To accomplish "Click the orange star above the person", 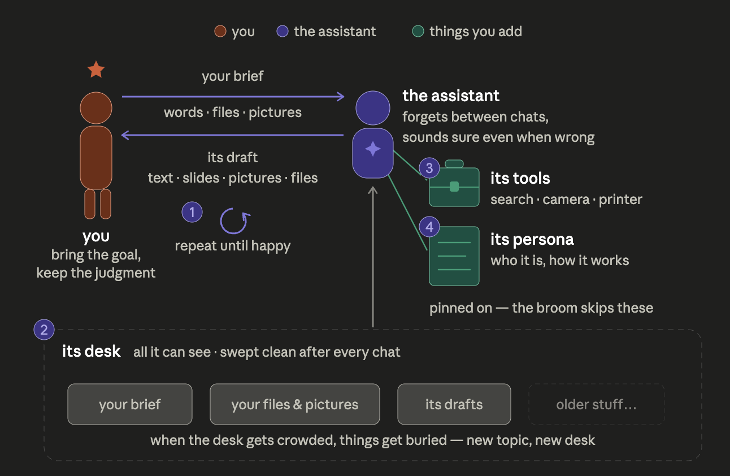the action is [96, 70].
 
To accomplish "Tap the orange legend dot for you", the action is [220, 31].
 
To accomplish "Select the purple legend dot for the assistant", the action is [283, 31].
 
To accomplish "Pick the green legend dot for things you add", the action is [418, 31].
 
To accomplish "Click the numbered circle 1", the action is [192, 212].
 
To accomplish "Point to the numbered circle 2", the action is [44, 330].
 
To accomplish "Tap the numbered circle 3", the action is [429, 168].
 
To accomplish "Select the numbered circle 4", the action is [429, 227].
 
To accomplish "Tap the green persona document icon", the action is [454, 256].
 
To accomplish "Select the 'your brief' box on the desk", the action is [130, 404].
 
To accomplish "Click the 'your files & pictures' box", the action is [295, 404].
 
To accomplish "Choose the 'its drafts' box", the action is [454, 404].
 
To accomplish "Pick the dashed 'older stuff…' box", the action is [597, 404].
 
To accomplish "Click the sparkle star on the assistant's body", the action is [373, 149].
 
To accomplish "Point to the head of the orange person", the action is [96, 108].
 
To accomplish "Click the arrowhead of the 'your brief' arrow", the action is [341, 97].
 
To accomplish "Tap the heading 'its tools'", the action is [520, 178].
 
